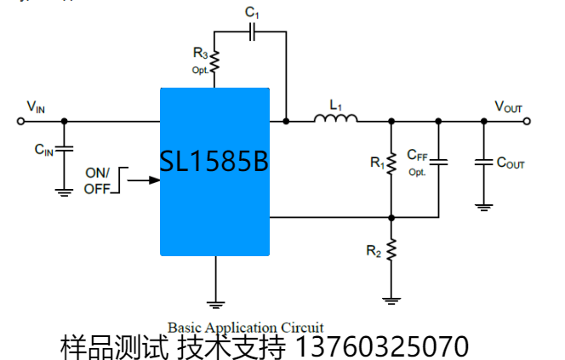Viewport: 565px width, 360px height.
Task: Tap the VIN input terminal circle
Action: (21, 121)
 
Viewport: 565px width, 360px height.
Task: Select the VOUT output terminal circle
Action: (528, 121)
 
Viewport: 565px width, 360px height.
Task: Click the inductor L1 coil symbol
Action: (335, 118)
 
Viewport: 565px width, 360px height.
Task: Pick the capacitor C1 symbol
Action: (251, 31)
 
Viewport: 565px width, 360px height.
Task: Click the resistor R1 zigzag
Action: (391, 163)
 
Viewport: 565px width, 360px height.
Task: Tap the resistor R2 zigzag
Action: (391, 250)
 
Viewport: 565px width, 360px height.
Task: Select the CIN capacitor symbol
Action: (65, 149)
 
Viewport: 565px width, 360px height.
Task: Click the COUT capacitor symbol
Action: (483, 161)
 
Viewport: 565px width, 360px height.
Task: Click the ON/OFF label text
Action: (97, 180)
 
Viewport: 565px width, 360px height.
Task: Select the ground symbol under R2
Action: (391, 298)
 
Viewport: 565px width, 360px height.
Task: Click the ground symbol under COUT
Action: (483, 204)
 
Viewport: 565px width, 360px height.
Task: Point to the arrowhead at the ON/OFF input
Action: (156, 180)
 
